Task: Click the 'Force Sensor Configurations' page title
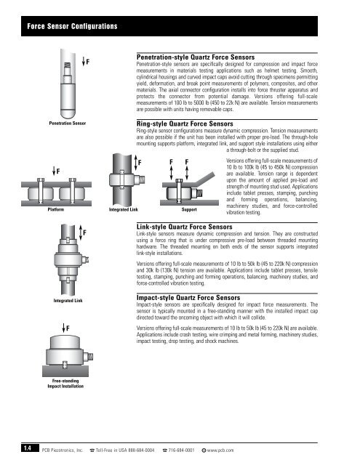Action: coord(72,26)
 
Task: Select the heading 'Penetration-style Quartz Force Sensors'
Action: coord(196,57)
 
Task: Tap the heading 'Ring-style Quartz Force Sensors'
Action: coord(185,124)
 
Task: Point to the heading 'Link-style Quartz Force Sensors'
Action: coord(184,227)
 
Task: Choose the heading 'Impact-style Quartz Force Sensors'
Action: coord(188,297)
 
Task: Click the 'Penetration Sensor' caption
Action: coord(68,123)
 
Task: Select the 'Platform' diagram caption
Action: coord(56,209)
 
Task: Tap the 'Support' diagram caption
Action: coord(189,209)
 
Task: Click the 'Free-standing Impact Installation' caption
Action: coord(65,384)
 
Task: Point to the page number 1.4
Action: coord(28,448)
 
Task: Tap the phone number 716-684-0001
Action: coord(181,450)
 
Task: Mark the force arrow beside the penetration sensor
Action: coord(84,62)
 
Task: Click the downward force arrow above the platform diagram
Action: coord(54,171)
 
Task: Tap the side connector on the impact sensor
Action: coord(88,356)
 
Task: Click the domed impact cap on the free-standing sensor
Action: coord(65,342)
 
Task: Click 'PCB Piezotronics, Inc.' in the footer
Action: coord(63,450)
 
